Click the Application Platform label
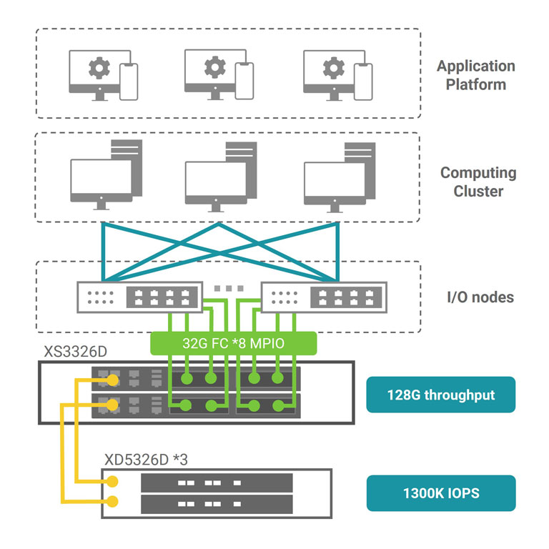point(475,75)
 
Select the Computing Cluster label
point(478,182)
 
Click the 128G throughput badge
point(440,395)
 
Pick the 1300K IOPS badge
point(440,493)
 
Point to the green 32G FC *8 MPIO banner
point(233,344)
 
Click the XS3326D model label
point(71,352)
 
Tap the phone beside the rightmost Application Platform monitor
point(364,81)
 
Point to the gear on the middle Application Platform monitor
point(214,67)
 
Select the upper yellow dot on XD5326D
point(112,482)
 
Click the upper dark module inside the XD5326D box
point(217,483)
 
